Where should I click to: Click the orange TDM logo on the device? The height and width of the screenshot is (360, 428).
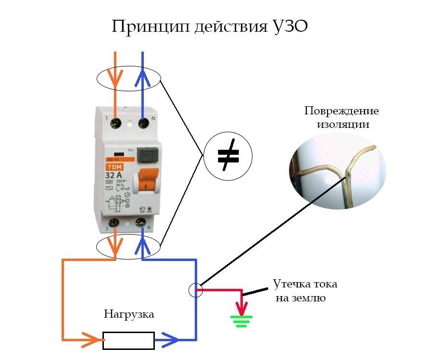(x=114, y=166)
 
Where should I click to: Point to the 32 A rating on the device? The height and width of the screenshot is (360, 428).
(x=113, y=174)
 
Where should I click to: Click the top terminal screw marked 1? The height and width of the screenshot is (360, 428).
(x=115, y=123)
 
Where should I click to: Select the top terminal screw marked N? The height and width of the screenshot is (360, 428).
(x=143, y=123)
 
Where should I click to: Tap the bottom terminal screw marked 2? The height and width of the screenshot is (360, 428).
(x=115, y=223)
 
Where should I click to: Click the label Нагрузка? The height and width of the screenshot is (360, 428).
(x=129, y=315)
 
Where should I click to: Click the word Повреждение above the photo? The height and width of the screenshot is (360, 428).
(x=341, y=111)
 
